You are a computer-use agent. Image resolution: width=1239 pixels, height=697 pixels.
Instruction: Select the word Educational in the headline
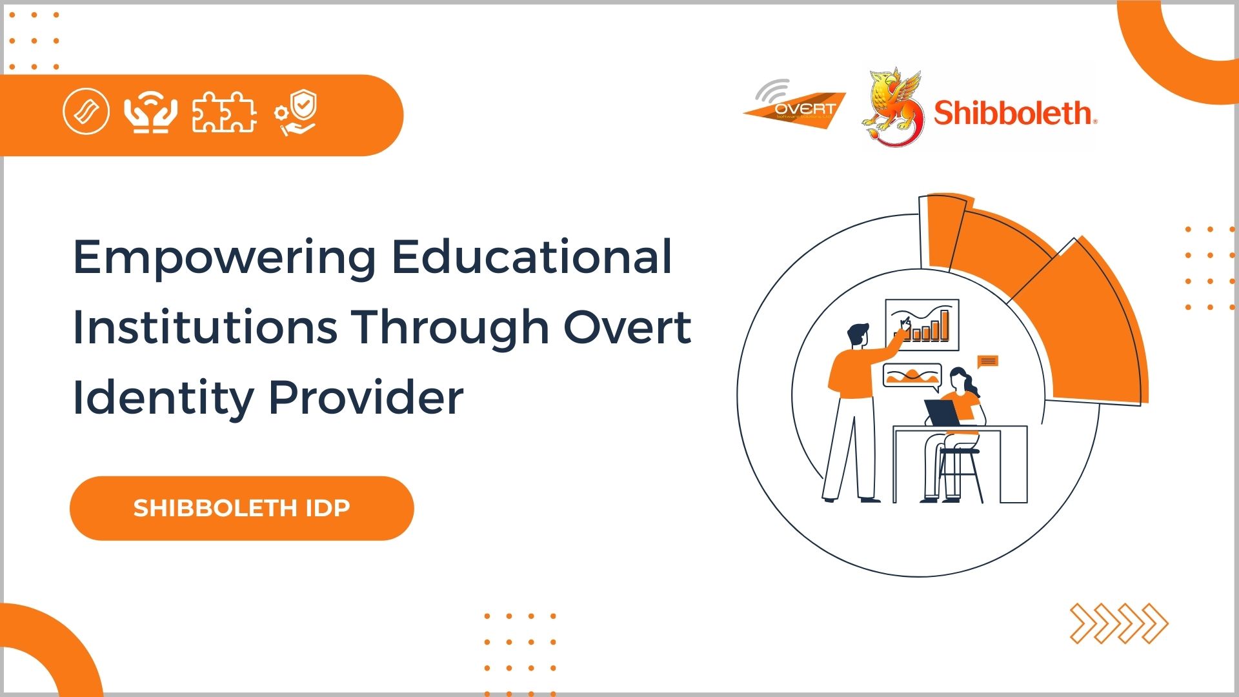tap(532, 257)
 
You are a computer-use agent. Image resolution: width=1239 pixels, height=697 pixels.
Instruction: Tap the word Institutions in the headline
tap(205, 327)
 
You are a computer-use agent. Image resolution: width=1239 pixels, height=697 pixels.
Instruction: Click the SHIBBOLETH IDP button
tap(241, 508)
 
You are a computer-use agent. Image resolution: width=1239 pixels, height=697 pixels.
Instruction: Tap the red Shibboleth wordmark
tap(1014, 113)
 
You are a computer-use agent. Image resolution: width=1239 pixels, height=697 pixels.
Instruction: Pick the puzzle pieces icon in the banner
tap(224, 112)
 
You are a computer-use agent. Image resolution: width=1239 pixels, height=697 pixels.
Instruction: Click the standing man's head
tap(858, 336)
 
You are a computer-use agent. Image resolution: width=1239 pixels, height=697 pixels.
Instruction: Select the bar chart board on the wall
tap(922, 325)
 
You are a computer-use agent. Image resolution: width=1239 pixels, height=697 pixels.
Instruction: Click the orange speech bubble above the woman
tap(987, 361)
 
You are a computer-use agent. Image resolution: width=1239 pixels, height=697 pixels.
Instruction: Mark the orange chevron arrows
tap(1118, 623)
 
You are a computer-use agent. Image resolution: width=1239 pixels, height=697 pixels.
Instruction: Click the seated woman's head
tap(960, 380)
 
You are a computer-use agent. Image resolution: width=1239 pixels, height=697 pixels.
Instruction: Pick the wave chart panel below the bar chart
tap(912, 376)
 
